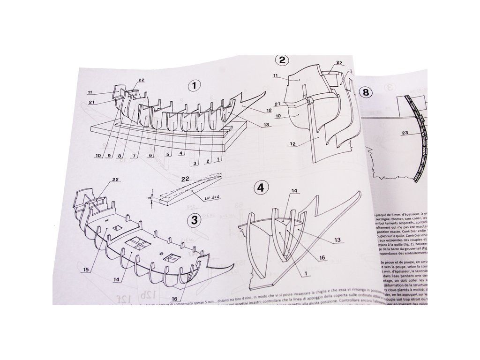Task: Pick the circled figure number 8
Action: [x=366, y=92]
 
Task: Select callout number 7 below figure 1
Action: [x=134, y=156]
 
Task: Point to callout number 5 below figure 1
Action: [x=167, y=153]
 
